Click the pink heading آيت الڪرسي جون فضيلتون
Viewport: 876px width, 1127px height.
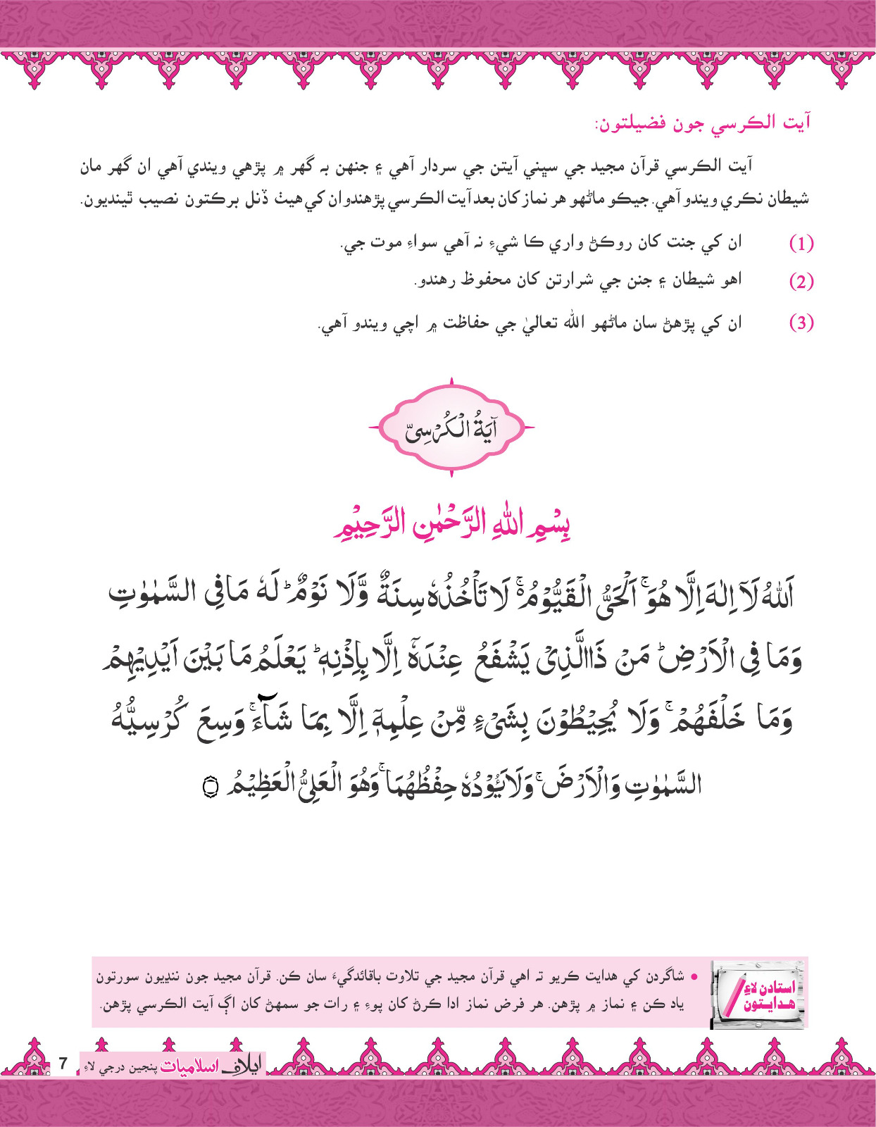tap(702, 123)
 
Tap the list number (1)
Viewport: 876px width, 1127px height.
tap(801, 244)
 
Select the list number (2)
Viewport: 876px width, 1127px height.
tap(801, 282)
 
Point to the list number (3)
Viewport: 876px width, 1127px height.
tap(801, 323)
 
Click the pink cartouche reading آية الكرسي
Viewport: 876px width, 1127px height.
tap(451, 428)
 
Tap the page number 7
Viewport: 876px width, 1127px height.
tap(63, 1063)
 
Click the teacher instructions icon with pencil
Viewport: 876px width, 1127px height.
tap(758, 992)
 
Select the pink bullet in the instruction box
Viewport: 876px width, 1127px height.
tap(694, 977)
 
